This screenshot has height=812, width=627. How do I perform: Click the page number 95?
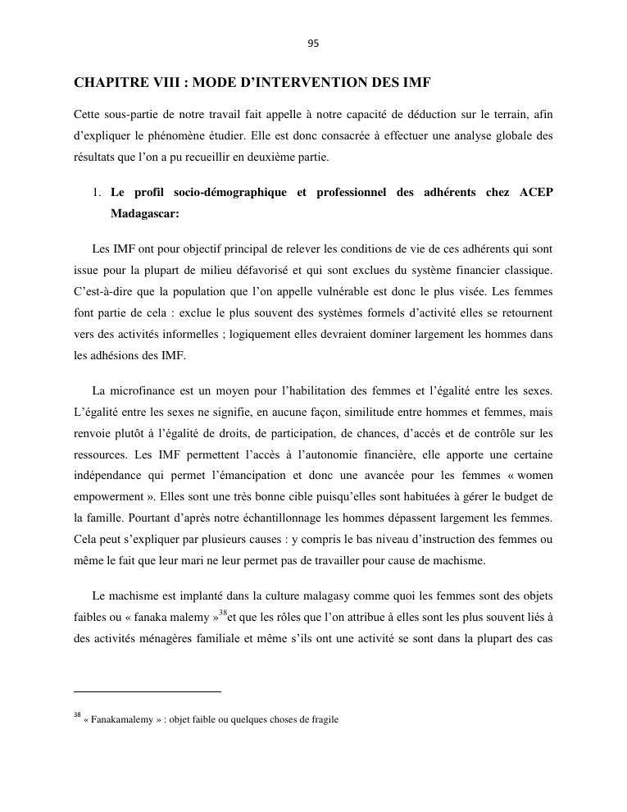313,43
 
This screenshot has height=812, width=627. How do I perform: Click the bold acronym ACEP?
536,193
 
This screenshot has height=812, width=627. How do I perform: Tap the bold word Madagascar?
144,214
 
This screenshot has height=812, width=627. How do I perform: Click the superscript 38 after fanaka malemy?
222,611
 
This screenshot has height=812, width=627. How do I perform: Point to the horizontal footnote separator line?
148,691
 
